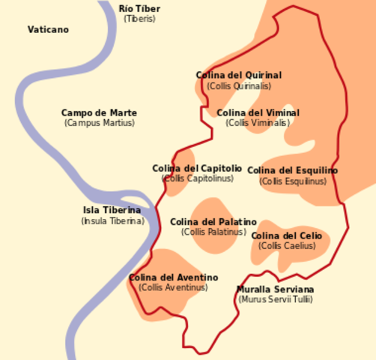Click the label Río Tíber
coord(139,9)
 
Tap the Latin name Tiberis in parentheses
coord(139,19)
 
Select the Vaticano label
coord(48,30)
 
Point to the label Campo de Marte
coord(99,113)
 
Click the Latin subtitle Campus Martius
coord(99,123)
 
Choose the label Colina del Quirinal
coord(239,76)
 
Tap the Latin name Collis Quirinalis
coord(239,86)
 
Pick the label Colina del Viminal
coord(258,113)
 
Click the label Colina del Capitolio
coord(197,169)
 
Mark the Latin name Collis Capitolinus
coord(197,178)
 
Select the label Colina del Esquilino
coord(293,171)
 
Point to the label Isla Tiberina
coord(112,211)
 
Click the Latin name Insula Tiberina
coord(112,221)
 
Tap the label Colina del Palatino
coord(213,222)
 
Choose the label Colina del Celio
coord(287,236)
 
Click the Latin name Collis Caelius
coord(287,246)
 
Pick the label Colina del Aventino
coord(173,277)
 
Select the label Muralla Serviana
coord(276,289)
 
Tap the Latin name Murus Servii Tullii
coord(276,299)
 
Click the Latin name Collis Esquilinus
coord(293,181)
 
